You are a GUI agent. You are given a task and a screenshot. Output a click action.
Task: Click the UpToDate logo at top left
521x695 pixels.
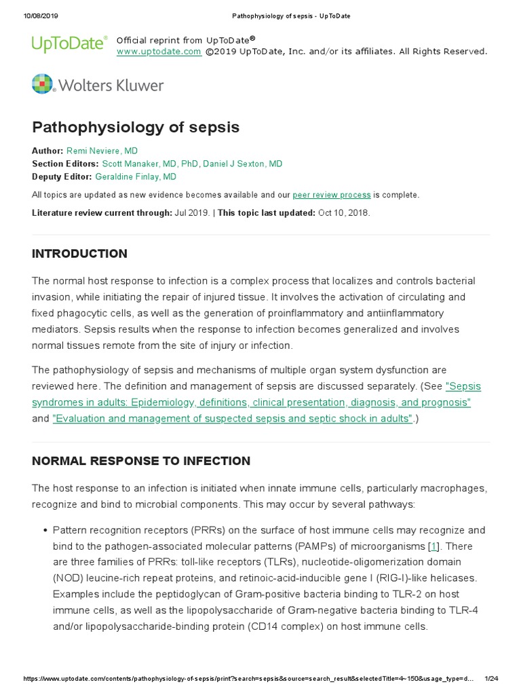[69, 45]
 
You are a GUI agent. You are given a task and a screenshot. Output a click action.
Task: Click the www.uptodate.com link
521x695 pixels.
[159, 52]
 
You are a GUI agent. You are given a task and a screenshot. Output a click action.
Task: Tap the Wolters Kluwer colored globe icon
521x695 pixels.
[42, 84]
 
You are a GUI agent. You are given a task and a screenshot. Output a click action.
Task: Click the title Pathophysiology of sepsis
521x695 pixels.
[136, 128]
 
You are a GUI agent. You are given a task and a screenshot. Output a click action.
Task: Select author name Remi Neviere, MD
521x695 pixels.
[102, 151]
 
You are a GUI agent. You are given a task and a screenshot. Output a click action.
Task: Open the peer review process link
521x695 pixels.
[332, 195]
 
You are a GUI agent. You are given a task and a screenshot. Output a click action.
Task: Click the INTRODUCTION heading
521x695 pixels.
[79, 254]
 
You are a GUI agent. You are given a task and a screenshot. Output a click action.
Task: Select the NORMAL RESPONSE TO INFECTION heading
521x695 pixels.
[141, 461]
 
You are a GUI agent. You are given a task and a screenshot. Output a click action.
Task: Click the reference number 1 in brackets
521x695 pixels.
[433, 546]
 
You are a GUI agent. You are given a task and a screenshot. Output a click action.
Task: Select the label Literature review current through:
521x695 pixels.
[102, 212]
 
